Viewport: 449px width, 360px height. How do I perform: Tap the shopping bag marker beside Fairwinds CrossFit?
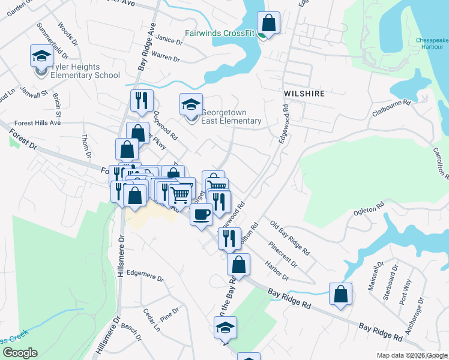(268, 24)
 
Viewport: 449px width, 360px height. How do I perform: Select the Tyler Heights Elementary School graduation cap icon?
(41, 56)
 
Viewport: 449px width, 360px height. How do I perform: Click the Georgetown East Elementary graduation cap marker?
(191, 105)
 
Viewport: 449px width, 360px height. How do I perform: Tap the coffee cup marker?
(201, 214)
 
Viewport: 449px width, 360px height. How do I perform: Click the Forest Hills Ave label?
(38, 122)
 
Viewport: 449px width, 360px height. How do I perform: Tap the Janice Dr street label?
(169, 40)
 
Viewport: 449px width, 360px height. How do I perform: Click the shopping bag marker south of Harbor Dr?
(340, 295)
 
